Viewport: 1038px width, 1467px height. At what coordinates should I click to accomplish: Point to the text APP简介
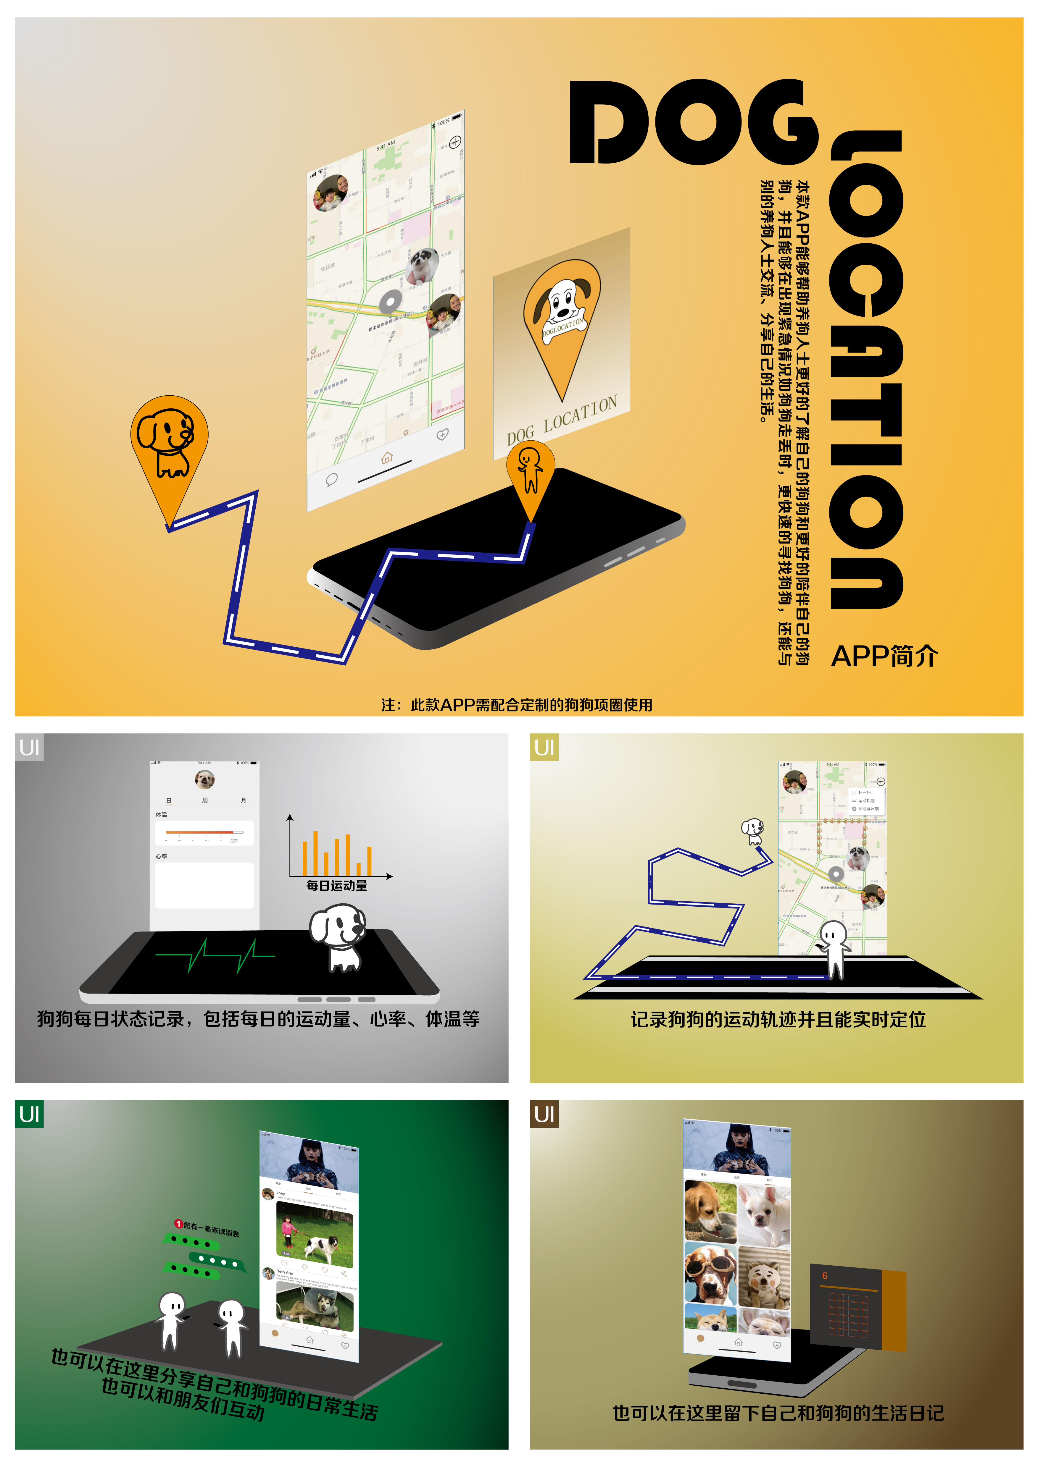(x=884, y=656)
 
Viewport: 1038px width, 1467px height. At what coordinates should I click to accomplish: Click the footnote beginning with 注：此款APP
(x=516, y=705)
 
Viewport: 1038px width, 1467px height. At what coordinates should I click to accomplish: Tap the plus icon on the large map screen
(x=455, y=142)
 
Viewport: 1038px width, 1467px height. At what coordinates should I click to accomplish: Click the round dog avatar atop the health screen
(x=204, y=779)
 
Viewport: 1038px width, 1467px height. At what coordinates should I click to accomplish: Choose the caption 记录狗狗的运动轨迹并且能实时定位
(x=778, y=1019)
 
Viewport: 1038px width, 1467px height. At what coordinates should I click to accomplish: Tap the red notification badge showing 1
(x=178, y=1224)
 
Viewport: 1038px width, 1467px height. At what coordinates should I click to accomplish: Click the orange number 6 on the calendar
(x=825, y=1276)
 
